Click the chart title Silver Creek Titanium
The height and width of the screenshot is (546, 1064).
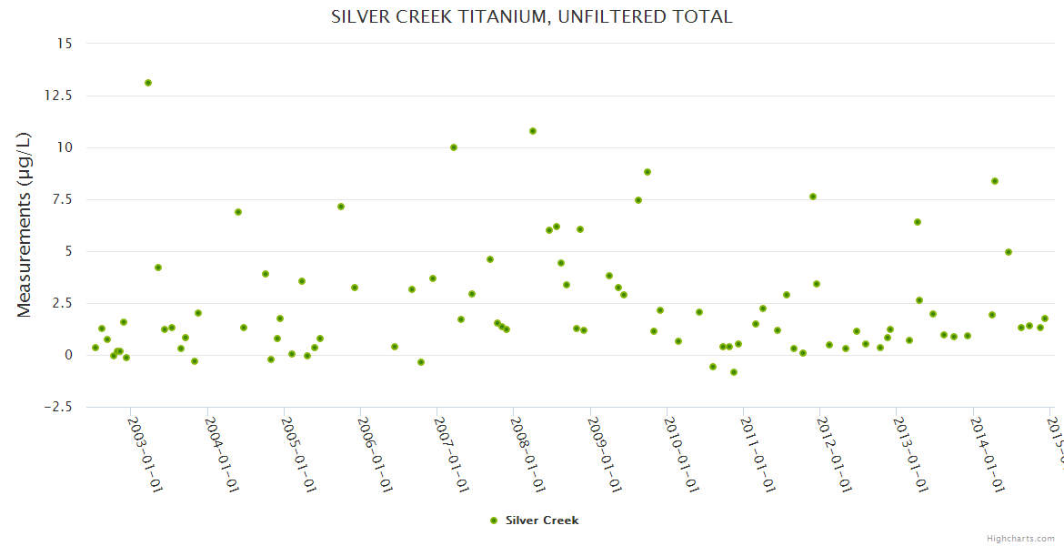click(x=531, y=16)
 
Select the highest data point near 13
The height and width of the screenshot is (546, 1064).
click(x=148, y=83)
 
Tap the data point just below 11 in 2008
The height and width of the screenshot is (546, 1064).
click(x=533, y=131)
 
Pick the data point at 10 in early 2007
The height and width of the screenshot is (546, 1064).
click(x=454, y=147)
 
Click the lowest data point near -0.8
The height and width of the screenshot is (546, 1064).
click(x=734, y=372)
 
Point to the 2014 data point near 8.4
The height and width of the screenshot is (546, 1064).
click(x=995, y=181)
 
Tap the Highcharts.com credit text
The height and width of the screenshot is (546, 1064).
click(x=1021, y=538)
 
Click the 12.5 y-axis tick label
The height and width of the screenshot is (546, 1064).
click(x=60, y=96)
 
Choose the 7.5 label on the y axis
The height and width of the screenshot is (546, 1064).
click(x=64, y=199)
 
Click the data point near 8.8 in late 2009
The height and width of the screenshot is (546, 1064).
click(x=647, y=172)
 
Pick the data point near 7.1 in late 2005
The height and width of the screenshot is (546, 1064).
click(x=341, y=207)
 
